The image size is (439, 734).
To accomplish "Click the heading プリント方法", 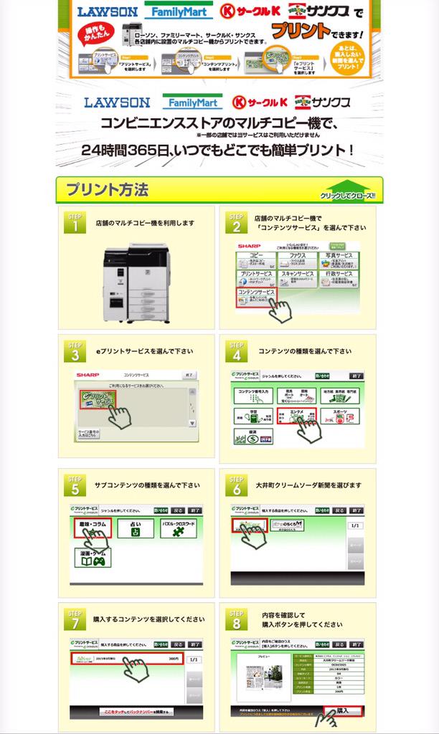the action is (x=107, y=190).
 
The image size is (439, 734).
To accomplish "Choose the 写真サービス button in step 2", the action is (x=339, y=257).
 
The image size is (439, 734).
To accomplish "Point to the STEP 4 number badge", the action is (x=235, y=354).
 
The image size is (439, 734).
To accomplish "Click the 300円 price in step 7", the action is (x=172, y=658).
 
